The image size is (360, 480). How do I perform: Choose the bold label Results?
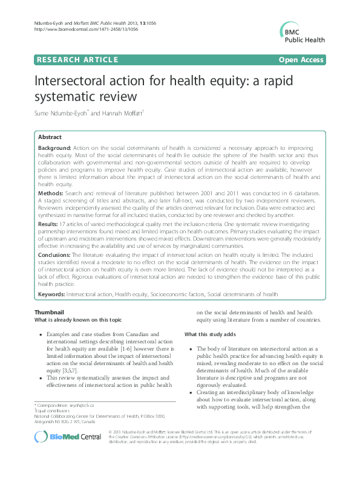[x=49, y=224]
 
